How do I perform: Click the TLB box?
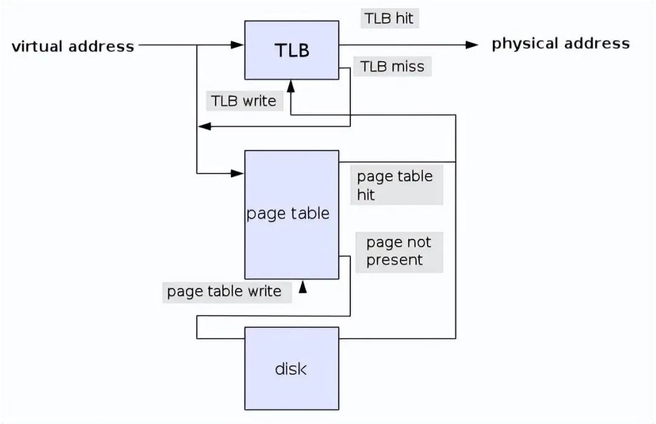291,50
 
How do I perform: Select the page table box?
291,214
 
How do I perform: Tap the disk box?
291,368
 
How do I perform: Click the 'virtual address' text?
73,47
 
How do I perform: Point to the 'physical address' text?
561,44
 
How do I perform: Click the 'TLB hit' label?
390,18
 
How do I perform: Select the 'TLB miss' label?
392,66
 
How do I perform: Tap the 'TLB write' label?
243,101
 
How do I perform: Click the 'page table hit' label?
395,185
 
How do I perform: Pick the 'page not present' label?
399,251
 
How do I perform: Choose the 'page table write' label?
225,292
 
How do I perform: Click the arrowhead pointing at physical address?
472,44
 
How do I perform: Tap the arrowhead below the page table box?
303,287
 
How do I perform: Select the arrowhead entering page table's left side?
239,174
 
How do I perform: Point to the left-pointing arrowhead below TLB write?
204,126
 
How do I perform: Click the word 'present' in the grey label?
394,261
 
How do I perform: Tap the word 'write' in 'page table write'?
265,292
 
